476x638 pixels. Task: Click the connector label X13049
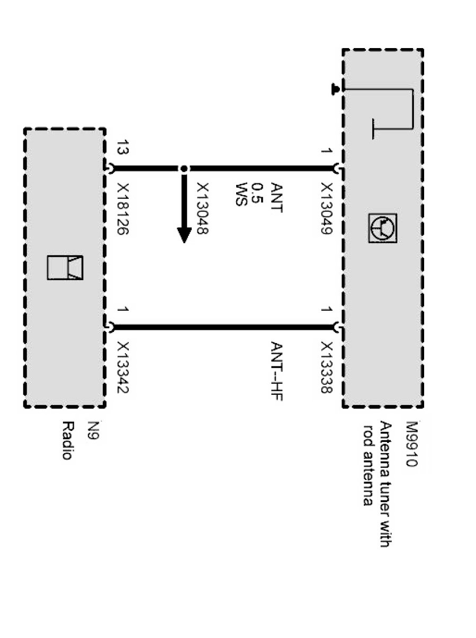[327, 209]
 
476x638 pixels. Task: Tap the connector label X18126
[123, 209]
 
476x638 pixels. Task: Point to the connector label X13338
[327, 366]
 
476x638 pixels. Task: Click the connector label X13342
[123, 366]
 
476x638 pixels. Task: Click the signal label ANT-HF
[276, 371]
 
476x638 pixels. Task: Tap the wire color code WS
[241, 194]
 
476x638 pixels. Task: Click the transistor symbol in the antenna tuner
[383, 228]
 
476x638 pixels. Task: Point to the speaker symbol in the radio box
[65, 267]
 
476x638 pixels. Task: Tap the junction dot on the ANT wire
[184, 169]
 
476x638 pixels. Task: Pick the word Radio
[67, 440]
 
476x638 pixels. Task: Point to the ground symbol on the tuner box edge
[335, 89]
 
